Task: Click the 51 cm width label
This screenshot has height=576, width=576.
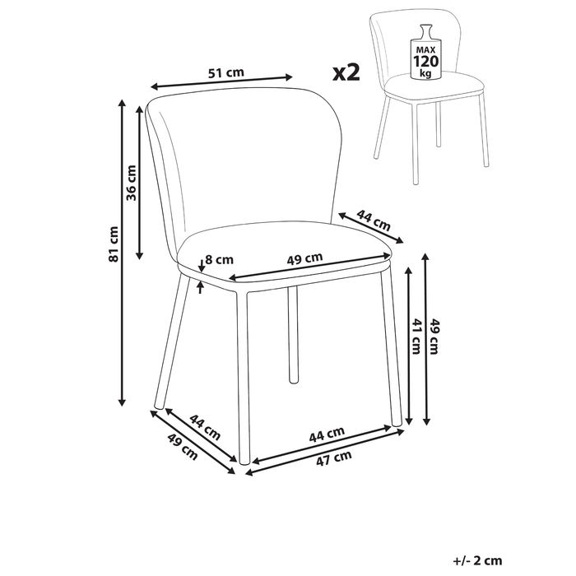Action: point(226,73)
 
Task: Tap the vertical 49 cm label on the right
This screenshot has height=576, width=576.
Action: point(436,337)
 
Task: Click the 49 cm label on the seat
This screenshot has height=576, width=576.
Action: point(304,259)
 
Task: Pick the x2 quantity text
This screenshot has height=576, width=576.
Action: point(347,73)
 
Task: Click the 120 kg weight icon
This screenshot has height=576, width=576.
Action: point(427,51)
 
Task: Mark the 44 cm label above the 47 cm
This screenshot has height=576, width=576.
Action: point(327,434)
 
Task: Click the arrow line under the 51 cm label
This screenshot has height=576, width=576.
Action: point(223,83)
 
